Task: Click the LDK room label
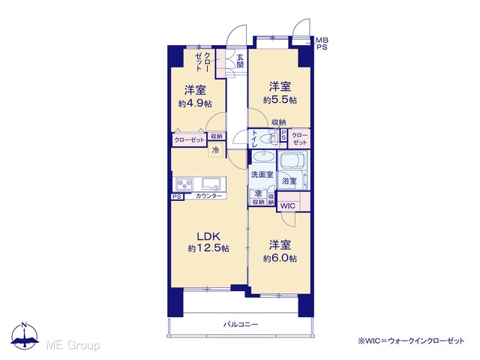(208, 236)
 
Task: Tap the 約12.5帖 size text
(208, 248)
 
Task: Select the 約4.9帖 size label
(195, 103)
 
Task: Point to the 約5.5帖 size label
(280, 100)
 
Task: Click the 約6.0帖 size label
(280, 258)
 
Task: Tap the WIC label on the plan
(288, 205)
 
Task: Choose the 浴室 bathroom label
(289, 181)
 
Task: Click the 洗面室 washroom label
(262, 175)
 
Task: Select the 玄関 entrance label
(240, 61)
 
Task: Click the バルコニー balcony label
(241, 325)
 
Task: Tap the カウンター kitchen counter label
(208, 196)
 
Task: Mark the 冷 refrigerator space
(216, 150)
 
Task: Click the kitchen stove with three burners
(184, 184)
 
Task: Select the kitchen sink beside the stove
(211, 184)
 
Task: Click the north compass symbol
(25, 336)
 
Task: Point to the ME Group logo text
(73, 346)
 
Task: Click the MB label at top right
(322, 40)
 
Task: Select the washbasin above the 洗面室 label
(263, 158)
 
